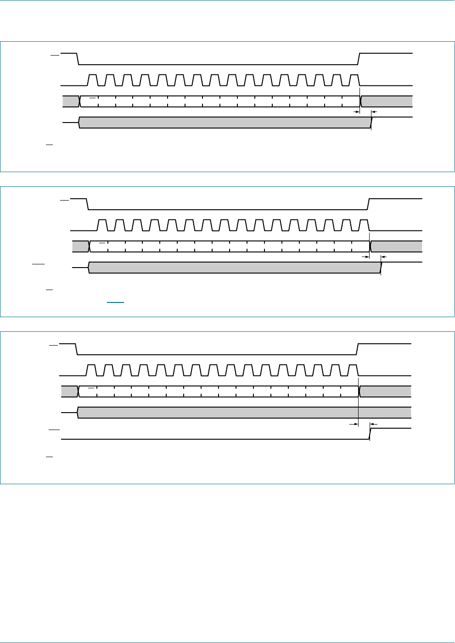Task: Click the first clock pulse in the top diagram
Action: pyautogui.click(x=92, y=80)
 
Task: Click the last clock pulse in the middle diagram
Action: pyautogui.click(x=364, y=225)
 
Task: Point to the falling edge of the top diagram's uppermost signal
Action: pyautogui.click(x=77, y=59)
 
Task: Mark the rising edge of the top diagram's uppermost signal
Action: pyautogui.click(x=359, y=59)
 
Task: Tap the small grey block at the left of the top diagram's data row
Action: pyautogui.click(x=71, y=101)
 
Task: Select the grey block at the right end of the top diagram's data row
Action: pyautogui.click(x=387, y=101)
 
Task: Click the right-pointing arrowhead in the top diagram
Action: pyautogui.click(x=356, y=112)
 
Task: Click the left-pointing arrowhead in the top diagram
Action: pyautogui.click(x=374, y=112)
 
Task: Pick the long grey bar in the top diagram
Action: pyautogui.click(x=225, y=122)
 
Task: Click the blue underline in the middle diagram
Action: pyautogui.click(x=116, y=302)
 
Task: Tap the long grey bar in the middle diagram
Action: pyautogui.click(x=234, y=268)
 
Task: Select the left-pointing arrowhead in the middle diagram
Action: pyautogui.click(x=384, y=257)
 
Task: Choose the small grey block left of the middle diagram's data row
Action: pyautogui.click(x=80, y=246)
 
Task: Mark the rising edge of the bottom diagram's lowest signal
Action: pyautogui.click(x=370, y=434)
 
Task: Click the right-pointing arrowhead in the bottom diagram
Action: pyautogui.click(x=355, y=425)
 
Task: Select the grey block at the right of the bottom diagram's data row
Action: pyautogui.click(x=386, y=391)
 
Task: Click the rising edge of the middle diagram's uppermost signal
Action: pyautogui.click(x=369, y=204)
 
